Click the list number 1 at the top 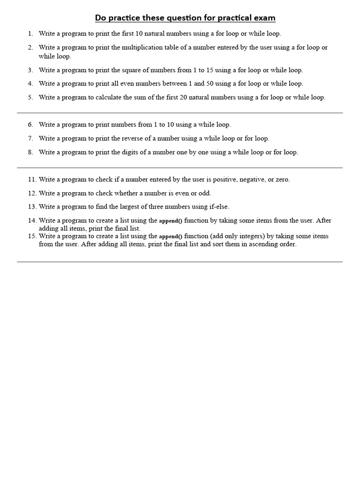[30, 34]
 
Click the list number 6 [30, 125]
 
